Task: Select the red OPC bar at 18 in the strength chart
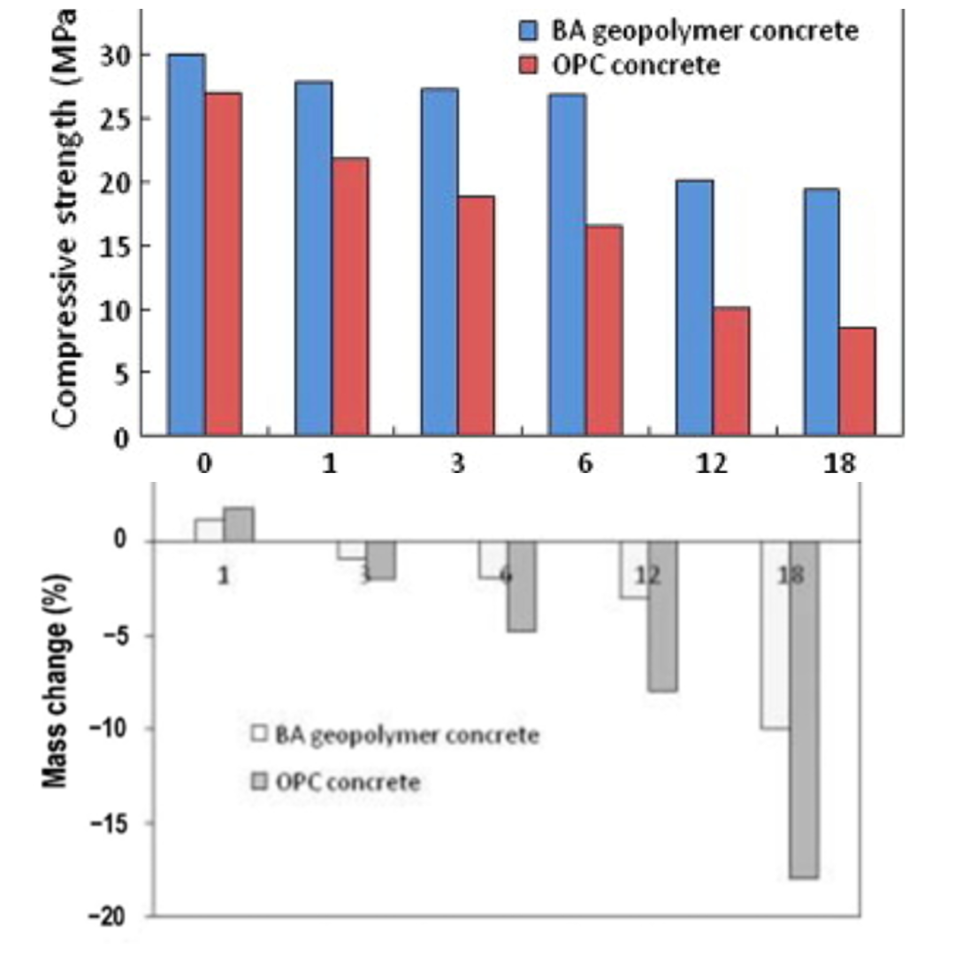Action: coord(858,381)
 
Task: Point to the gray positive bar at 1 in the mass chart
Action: coord(239,524)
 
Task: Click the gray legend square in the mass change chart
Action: coord(260,782)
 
